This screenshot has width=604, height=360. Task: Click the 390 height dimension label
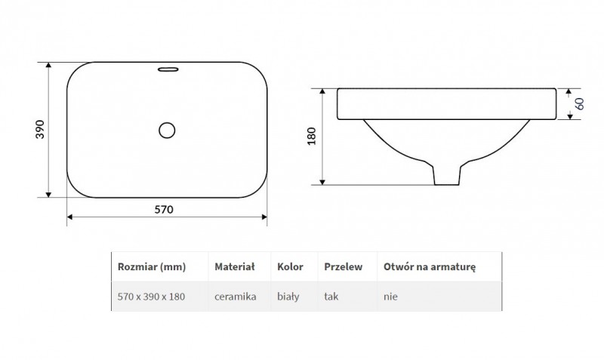coord(41,129)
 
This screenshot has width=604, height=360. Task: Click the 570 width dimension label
coord(164,210)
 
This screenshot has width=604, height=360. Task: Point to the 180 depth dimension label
coord(312,136)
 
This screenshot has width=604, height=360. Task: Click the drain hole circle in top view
coord(167,130)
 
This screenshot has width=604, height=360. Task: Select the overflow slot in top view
coord(168,69)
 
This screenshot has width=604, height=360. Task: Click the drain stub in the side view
coord(447,175)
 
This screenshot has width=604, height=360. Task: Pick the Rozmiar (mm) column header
coord(152,267)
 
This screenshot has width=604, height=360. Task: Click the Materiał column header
coord(235,267)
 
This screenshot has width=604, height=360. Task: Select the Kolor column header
coord(290,267)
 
